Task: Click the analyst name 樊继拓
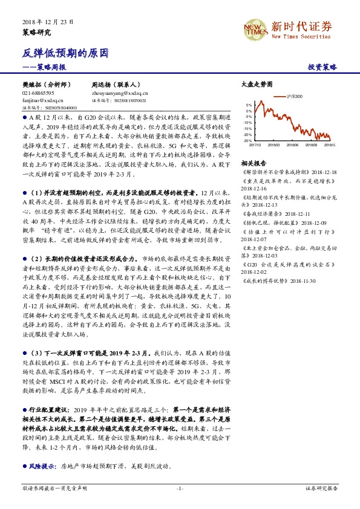coord(33,86)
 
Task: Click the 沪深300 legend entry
coord(295,97)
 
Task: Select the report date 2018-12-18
coord(324,172)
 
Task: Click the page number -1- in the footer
coord(180,487)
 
